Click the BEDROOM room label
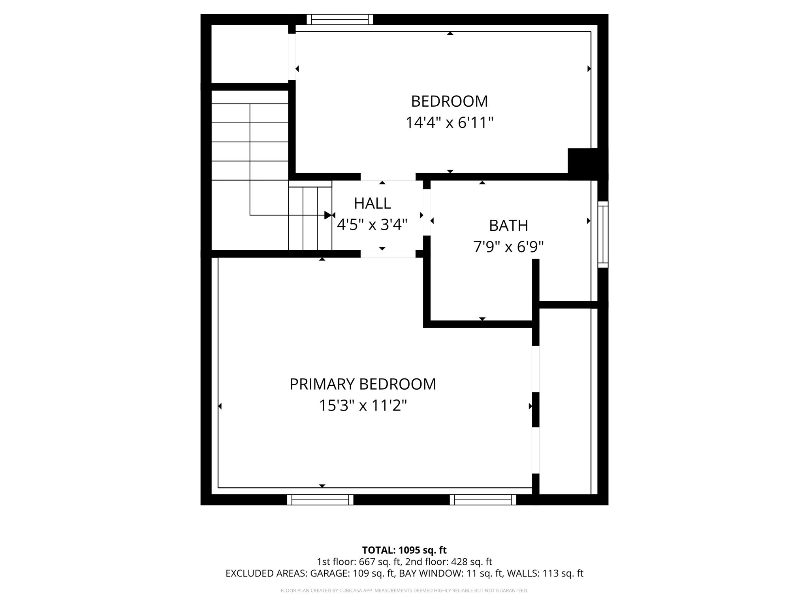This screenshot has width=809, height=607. tap(450, 102)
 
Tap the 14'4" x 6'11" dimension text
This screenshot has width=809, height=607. tap(450, 123)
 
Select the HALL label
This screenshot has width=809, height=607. tap(373, 204)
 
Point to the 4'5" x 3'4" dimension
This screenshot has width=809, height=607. tap(372, 225)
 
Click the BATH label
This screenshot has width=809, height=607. tap(508, 226)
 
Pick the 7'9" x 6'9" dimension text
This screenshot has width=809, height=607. tap(508, 247)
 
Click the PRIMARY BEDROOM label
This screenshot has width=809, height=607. tap(363, 384)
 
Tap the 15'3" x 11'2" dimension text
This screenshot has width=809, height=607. tap(363, 405)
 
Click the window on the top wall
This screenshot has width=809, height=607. tap(340, 19)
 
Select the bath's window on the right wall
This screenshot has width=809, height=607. tap(603, 234)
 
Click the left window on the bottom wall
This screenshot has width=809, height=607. tap(320, 500)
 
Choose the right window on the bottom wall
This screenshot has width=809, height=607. tap(483, 500)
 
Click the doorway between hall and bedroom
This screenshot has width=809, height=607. tap(388, 177)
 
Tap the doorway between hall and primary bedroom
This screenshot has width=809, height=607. tap(388, 254)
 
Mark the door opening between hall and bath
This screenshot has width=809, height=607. tap(427, 213)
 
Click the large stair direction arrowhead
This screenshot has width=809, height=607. tap(328, 215)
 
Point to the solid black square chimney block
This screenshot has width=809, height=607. tap(583, 162)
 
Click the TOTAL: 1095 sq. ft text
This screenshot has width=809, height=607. tap(404, 550)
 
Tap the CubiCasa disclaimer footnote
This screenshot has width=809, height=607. tap(404, 591)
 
